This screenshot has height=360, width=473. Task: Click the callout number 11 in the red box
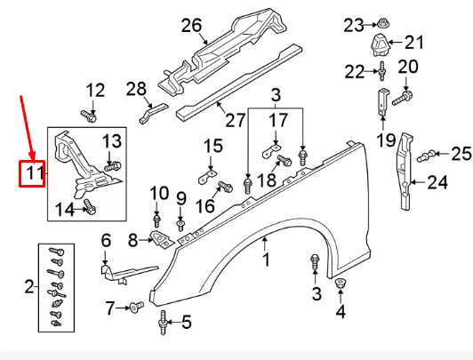33,172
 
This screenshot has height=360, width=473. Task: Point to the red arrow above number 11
28,124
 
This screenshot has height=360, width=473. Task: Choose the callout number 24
437,184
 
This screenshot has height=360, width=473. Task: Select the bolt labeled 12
89,114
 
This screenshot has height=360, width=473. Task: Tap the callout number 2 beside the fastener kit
29,286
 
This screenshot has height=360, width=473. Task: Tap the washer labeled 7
137,308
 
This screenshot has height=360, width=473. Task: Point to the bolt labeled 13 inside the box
111,164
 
